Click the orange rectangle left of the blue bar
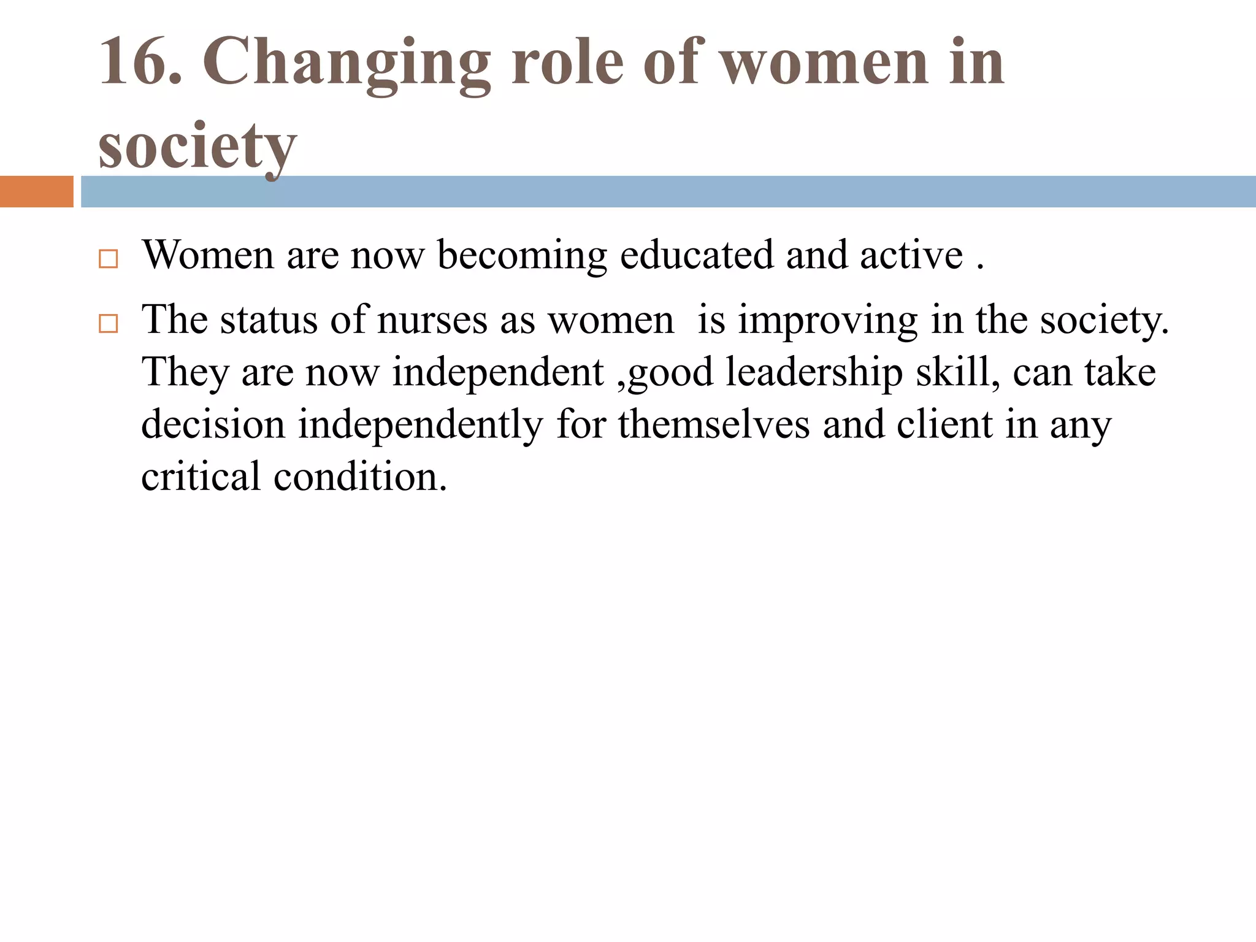click(36, 191)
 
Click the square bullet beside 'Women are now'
click(108, 259)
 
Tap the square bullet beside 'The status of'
click(108, 323)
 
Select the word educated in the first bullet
click(697, 255)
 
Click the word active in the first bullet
click(911, 255)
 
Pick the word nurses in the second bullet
click(432, 320)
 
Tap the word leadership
click(814, 373)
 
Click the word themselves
click(714, 424)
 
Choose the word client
click(944, 424)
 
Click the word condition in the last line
click(360, 477)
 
